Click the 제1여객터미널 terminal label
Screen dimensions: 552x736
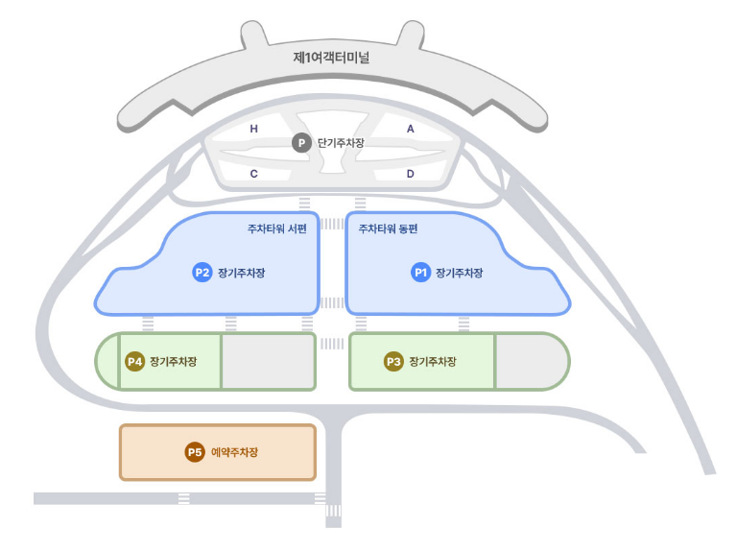click(x=331, y=57)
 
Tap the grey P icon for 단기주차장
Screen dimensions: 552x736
click(x=301, y=143)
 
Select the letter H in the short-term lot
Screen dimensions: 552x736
click(x=254, y=128)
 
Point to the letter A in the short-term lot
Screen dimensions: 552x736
click(x=410, y=128)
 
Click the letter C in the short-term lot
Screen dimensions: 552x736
click(x=254, y=174)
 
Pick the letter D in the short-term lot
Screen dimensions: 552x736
click(x=410, y=174)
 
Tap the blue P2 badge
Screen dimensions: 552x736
click(x=202, y=273)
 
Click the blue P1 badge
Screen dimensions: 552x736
click(x=420, y=273)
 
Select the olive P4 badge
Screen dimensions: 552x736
click(x=135, y=362)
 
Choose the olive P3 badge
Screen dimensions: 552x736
click(x=393, y=362)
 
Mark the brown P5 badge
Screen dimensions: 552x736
click(x=195, y=452)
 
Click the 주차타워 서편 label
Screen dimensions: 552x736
click(x=277, y=229)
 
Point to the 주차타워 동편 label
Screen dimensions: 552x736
click(x=389, y=229)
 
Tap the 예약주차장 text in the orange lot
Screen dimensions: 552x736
click(x=235, y=452)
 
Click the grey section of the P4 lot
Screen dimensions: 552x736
click(x=268, y=362)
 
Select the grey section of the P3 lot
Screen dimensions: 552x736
click(x=530, y=362)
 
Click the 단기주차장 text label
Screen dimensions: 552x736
click(x=341, y=143)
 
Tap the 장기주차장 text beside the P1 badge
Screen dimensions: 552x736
click(x=460, y=273)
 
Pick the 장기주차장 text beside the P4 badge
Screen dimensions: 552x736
click(x=174, y=362)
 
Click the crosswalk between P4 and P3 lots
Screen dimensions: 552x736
click(x=332, y=343)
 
